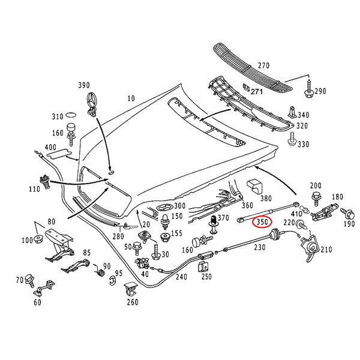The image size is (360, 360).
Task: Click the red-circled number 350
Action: (262, 222)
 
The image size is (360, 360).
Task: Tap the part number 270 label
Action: (264, 65)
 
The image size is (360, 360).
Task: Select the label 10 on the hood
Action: (131, 97)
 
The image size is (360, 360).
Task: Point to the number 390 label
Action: (84, 85)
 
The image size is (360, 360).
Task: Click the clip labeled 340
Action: (291, 112)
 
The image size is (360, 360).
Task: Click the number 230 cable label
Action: (259, 246)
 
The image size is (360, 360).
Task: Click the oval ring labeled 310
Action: (71, 114)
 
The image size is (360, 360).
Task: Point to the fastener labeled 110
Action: (44, 180)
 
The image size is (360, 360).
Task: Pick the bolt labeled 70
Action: (31, 281)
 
